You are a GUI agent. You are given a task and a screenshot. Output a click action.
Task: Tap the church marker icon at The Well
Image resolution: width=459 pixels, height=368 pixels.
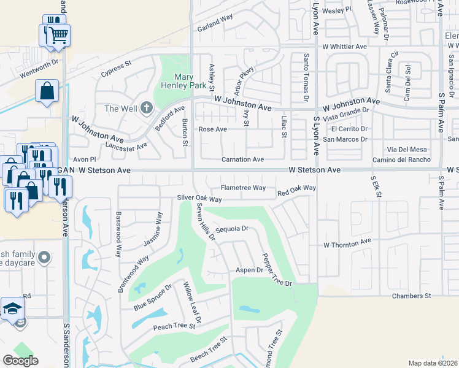click(146, 109)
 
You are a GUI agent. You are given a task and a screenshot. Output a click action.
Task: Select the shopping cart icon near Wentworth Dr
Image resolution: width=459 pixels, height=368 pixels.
click(58, 36)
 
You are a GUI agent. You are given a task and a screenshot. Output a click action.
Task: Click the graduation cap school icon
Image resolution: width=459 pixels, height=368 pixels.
click(12, 309)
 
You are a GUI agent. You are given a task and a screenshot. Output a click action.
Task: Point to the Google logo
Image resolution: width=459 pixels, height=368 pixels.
click(20, 361)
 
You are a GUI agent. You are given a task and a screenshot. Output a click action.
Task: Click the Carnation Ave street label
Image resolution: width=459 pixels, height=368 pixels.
click(242, 159)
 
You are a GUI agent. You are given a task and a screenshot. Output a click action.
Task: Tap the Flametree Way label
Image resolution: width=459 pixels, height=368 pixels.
click(243, 188)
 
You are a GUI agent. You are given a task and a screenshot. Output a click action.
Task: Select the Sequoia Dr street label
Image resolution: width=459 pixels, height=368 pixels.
click(231, 231)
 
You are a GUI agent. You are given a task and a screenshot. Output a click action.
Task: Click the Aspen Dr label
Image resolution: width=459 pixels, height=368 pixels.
click(250, 270)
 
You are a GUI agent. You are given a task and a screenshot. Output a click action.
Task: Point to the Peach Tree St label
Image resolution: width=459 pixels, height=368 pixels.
click(174, 326)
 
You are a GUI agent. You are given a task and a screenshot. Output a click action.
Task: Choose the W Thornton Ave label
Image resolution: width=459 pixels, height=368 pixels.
click(348, 243)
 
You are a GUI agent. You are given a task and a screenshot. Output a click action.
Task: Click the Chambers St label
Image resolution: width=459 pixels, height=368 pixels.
click(411, 296)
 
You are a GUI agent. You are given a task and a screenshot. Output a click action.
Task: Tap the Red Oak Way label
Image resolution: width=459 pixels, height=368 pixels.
click(296, 191)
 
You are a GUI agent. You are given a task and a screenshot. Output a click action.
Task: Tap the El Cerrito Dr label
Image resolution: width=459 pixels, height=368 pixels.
click(349, 129)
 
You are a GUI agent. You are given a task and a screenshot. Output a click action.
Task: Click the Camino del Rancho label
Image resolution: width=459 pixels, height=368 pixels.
click(401, 160)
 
